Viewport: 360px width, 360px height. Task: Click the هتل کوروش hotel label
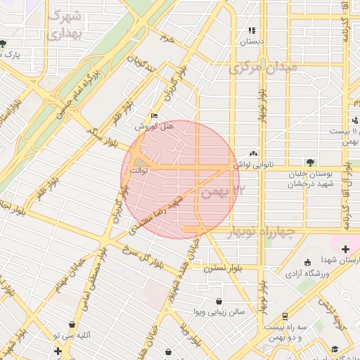coord(149,127)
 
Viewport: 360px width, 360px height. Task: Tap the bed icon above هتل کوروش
coord(154,117)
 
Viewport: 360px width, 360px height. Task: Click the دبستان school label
coord(252,41)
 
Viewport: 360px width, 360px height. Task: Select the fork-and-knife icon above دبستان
coord(252,30)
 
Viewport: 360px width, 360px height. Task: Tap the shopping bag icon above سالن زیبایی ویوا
coord(219,301)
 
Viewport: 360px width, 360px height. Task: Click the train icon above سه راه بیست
coord(285,316)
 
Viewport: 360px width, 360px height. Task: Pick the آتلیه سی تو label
coord(75,335)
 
